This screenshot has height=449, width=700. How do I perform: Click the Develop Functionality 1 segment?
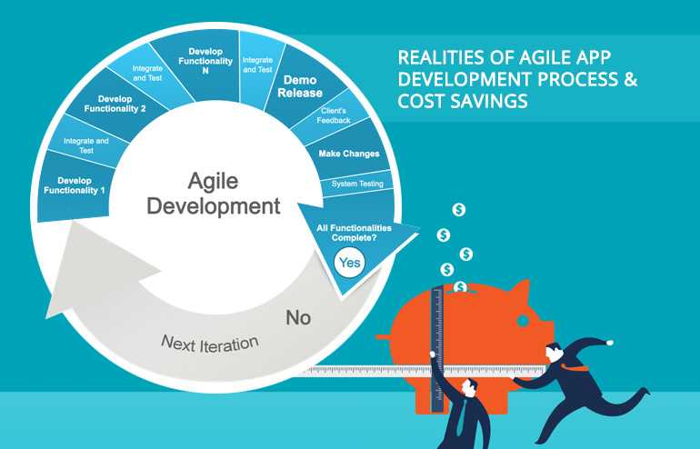(x=75, y=185)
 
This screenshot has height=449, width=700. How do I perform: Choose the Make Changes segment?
(x=348, y=154)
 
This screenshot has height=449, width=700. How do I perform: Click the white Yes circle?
(x=349, y=264)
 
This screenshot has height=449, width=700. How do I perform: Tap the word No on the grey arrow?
(x=298, y=317)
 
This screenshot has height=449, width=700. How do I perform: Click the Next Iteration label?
(x=210, y=344)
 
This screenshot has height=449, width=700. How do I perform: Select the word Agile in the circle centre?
(x=213, y=179)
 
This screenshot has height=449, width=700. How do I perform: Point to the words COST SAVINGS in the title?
(x=463, y=102)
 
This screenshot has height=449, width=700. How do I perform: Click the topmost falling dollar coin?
(x=459, y=210)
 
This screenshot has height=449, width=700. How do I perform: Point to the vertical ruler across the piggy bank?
(x=437, y=336)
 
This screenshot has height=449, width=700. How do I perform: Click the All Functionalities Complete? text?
(x=353, y=234)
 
